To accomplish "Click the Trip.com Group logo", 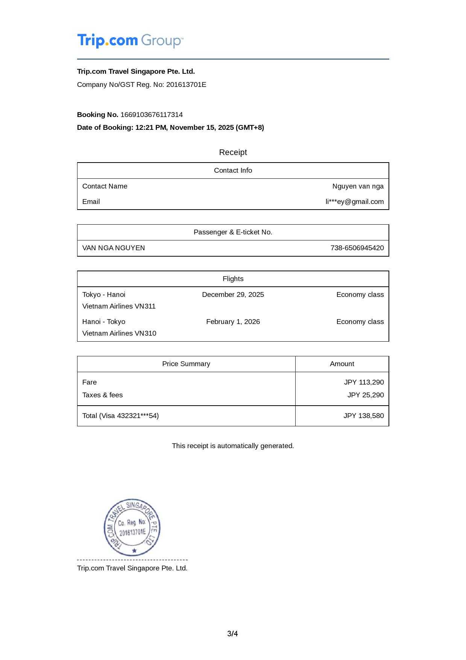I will pyautogui.click(x=130, y=41).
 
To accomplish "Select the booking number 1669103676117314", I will pyautogui.click(x=152, y=115).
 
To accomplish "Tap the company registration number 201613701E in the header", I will pyautogui.click(x=186, y=85).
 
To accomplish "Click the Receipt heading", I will pyautogui.click(x=233, y=152).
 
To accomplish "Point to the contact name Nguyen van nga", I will pyautogui.click(x=358, y=186).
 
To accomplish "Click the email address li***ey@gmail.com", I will pyautogui.click(x=354, y=202).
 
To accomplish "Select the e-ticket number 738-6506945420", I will pyautogui.click(x=357, y=248).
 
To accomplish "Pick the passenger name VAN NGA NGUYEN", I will pyautogui.click(x=114, y=248).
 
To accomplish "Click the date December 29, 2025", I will pyautogui.click(x=233, y=295).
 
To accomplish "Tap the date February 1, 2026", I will pyautogui.click(x=233, y=322).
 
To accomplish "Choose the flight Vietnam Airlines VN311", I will pyautogui.click(x=119, y=306).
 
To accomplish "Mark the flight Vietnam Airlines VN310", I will pyautogui.click(x=119, y=333).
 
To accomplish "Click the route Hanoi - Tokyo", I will pyautogui.click(x=104, y=322).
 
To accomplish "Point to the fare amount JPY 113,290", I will pyautogui.click(x=364, y=382).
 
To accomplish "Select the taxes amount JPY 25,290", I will pyautogui.click(x=365, y=395).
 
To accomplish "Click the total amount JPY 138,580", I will pyautogui.click(x=363, y=416).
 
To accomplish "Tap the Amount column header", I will pyautogui.click(x=342, y=364).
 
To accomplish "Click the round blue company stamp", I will pyautogui.click(x=132, y=527).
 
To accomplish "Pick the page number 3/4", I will pyautogui.click(x=232, y=634).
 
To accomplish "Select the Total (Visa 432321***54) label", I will pyautogui.click(x=120, y=416).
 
